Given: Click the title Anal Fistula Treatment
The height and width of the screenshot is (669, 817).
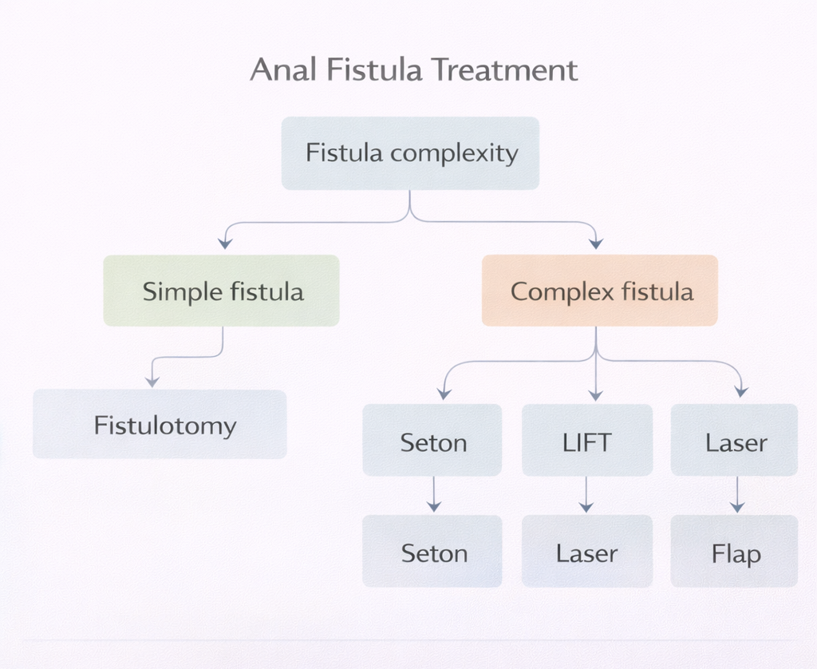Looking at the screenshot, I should [413, 70].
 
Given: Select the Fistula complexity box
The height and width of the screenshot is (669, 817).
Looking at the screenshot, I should [410, 153].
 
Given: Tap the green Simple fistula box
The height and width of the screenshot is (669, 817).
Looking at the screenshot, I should [222, 291].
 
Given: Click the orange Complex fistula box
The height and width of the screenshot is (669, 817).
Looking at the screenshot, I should [600, 291].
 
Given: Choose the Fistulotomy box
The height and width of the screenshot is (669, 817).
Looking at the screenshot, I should [160, 424].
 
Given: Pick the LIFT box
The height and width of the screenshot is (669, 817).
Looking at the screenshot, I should [587, 441].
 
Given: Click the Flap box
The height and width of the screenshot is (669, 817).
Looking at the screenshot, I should [735, 552].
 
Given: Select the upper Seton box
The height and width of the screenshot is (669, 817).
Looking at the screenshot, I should [432, 441].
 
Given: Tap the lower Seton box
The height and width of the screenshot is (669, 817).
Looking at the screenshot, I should [432, 552].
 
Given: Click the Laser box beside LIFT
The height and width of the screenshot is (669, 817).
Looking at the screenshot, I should [735, 441].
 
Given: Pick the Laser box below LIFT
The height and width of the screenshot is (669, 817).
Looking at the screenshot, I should [587, 552].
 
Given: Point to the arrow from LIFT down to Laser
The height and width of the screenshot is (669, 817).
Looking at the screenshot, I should [586, 495].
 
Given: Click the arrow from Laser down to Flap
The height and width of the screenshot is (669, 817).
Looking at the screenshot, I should [737, 495].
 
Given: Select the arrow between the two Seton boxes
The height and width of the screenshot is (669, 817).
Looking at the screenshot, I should [433, 495].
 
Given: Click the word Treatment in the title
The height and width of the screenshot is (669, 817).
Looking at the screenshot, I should [504, 70].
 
